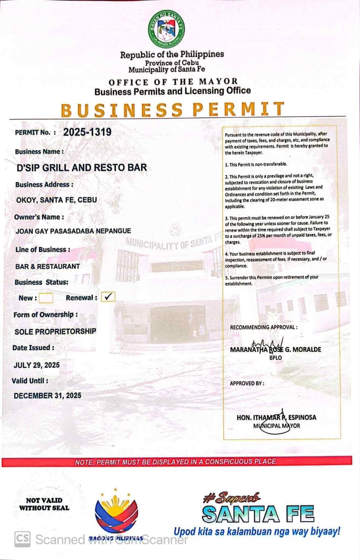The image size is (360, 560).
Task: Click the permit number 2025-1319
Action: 87,132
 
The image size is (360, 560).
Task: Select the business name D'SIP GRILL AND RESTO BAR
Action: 82,168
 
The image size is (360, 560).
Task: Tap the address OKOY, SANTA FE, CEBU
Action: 56,200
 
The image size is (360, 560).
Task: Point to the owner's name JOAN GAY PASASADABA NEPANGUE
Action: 73,231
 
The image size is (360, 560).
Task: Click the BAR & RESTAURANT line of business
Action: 47,266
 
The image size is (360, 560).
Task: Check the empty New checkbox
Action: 46,298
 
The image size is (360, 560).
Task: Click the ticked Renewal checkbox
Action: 108,297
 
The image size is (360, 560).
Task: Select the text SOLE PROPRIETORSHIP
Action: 55,331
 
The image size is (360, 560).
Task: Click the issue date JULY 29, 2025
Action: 36,365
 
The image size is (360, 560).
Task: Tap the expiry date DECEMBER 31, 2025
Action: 47,395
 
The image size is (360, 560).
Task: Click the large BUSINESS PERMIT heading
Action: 172,110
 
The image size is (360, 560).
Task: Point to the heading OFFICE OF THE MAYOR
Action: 173,82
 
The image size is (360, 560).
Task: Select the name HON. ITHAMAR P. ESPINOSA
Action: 276,418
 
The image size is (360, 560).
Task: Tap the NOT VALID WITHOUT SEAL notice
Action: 44,504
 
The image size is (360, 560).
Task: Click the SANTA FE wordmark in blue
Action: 258,514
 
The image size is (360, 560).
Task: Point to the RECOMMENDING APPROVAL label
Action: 264,327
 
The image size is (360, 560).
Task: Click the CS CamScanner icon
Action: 22,539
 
